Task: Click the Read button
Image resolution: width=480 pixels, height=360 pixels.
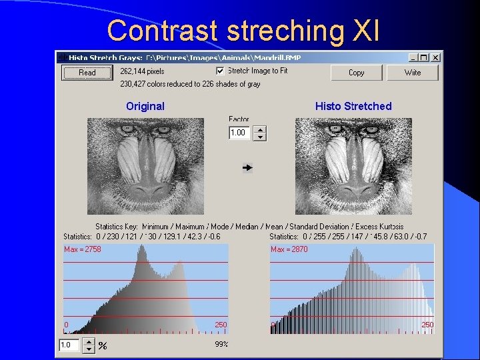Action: click(87, 73)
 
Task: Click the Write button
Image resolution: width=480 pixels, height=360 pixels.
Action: click(412, 73)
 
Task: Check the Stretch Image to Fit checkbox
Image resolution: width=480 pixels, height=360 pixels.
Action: click(220, 71)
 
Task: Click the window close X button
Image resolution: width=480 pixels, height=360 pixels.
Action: click(435, 57)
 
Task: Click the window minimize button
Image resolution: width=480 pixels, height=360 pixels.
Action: click(413, 57)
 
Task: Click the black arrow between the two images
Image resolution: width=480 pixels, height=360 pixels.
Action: click(247, 168)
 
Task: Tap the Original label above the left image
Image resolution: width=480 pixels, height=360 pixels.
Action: click(145, 106)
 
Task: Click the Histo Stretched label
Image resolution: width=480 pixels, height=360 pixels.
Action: click(353, 106)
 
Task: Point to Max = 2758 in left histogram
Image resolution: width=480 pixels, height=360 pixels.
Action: click(82, 249)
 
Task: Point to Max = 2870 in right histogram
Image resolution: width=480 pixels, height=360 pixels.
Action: click(289, 249)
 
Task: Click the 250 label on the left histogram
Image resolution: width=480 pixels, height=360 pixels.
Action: click(221, 325)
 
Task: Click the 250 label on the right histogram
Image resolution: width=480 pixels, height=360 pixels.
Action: click(427, 325)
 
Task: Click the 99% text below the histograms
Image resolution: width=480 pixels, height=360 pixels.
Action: click(221, 344)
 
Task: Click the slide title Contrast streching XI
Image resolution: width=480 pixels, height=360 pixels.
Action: click(243, 30)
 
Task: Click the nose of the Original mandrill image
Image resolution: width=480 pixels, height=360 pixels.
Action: click(146, 177)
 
